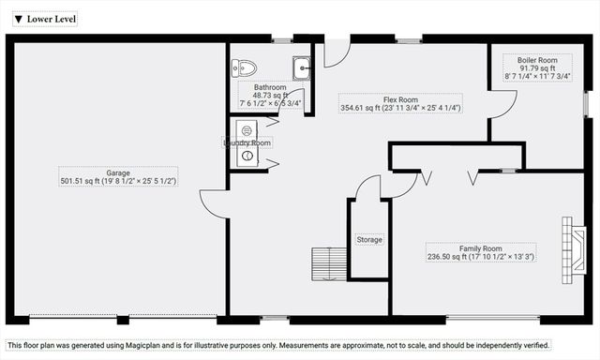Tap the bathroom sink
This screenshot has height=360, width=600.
tap(302, 67)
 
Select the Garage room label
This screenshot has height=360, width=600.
tap(117, 173)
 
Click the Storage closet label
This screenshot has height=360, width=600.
tap(369, 240)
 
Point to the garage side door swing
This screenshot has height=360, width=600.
tap(213, 202)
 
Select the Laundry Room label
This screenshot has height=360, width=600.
tap(247, 142)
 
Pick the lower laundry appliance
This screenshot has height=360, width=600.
tap(247, 157)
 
